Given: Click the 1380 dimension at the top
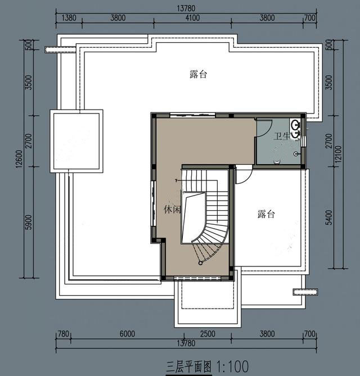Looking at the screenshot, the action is (x=69, y=18).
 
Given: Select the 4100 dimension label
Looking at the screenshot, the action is (x=192, y=18).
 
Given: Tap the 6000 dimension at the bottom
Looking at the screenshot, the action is (x=127, y=334).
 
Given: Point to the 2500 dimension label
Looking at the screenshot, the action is (x=208, y=334).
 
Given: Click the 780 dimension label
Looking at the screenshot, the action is (x=64, y=334).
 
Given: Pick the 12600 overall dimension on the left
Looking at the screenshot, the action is (x=19, y=158).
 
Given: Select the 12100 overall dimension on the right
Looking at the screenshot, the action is (x=338, y=154).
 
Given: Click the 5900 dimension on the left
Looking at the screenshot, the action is (x=29, y=223).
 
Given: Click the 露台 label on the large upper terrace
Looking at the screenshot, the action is (x=198, y=74).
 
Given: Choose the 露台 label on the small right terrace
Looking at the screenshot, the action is (x=266, y=214).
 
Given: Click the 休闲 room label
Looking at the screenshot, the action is (x=172, y=210).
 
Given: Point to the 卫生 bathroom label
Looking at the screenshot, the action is (x=282, y=137).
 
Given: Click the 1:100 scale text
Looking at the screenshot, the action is (x=232, y=366).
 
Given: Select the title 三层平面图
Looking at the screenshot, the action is (x=189, y=367).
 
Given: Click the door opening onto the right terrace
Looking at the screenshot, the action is (x=244, y=175).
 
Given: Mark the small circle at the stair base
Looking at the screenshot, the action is (x=200, y=263).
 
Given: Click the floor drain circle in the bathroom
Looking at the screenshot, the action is (x=296, y=154).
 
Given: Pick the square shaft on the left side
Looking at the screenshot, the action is (x=76, y=141).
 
